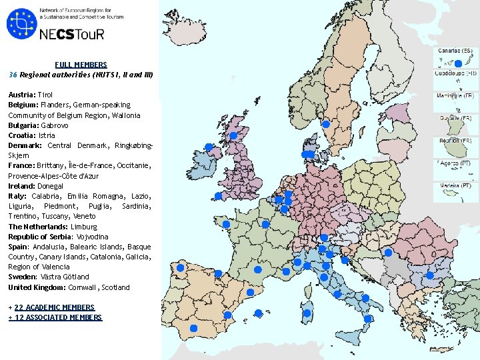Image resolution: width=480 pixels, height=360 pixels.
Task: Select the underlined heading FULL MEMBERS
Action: [x=81, y=65]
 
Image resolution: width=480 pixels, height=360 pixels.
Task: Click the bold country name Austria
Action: [x=21, y=95]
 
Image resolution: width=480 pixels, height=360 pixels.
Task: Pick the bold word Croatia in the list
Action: [x=22, y=135]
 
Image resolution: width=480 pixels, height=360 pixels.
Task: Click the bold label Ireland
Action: [x=22, y=186]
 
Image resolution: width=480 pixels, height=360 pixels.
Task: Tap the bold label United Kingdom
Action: [x=37, y=287]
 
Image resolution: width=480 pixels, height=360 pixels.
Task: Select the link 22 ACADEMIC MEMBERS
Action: [x=54, y=307]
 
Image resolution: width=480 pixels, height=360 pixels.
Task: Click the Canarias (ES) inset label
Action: [x=455, y=51]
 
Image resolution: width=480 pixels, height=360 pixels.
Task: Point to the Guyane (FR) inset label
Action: [x=455, y=118]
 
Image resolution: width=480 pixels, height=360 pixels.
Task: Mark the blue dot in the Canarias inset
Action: [x=458, y=63]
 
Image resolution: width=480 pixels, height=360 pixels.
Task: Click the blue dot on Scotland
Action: [x=233, y=135]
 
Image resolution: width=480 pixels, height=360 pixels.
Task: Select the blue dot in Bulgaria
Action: [x=429, y=275]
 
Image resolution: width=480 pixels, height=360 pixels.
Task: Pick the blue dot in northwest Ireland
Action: [x=209, y=147]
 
